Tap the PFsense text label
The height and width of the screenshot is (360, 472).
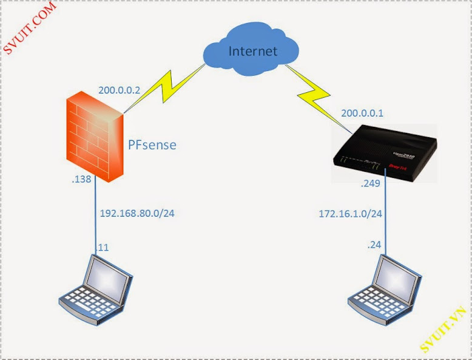tap(152, 145)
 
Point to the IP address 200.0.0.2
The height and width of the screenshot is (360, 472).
tap(120, 90)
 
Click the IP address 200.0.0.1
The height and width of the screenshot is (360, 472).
tap(363, 113)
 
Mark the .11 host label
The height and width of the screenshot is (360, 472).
tap(104, 247)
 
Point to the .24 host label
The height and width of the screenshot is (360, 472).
tap(374, 245)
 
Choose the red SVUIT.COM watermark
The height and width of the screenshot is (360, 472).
tap(30, 27)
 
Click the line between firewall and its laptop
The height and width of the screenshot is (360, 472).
tap(95, 219)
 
